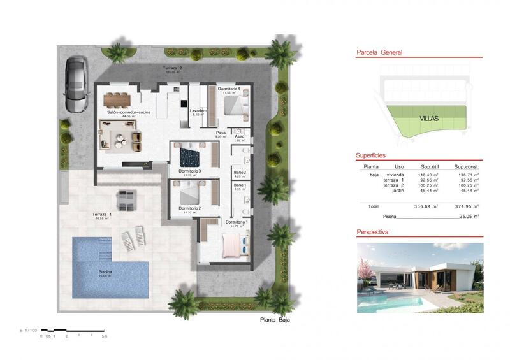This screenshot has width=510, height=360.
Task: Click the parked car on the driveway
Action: [75, 83]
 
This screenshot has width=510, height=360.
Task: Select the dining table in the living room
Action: [117, 98]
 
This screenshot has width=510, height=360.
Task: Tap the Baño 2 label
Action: [240, 173]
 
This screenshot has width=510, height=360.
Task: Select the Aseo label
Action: [240, 136]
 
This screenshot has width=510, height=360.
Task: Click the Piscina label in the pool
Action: [106, 270]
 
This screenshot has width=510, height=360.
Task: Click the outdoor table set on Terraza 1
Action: [126, 200]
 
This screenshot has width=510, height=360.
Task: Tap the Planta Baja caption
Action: [275, 320]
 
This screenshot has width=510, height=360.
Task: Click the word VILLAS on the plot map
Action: [428, 118]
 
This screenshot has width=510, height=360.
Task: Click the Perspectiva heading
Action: [374, 233]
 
